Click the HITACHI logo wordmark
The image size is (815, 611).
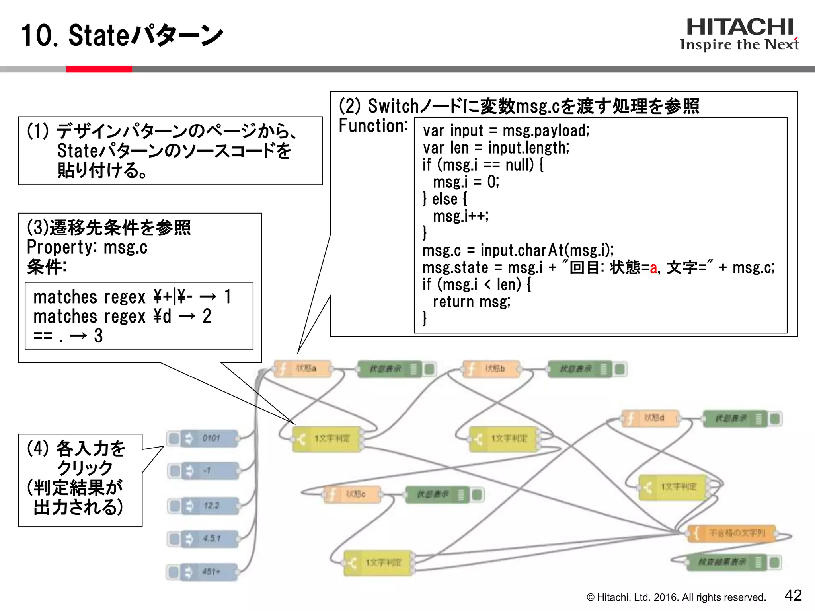click(740, 27)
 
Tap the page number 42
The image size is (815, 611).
click(793, 595)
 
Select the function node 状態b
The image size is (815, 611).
click(492, 369)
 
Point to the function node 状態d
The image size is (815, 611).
click(651, 418)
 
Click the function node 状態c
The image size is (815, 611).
click(353, 494)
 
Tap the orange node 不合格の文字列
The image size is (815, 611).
click(732, 533)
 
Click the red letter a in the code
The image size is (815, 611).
click(653, 268)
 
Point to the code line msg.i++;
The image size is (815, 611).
click(460, 216)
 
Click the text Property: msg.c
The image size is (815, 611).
click(87, 247)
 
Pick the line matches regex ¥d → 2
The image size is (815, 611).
click(122, 317)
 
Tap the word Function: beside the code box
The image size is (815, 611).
click(373, 126)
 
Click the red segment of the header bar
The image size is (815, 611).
click(99, 69)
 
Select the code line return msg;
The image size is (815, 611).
click(471, 302)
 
